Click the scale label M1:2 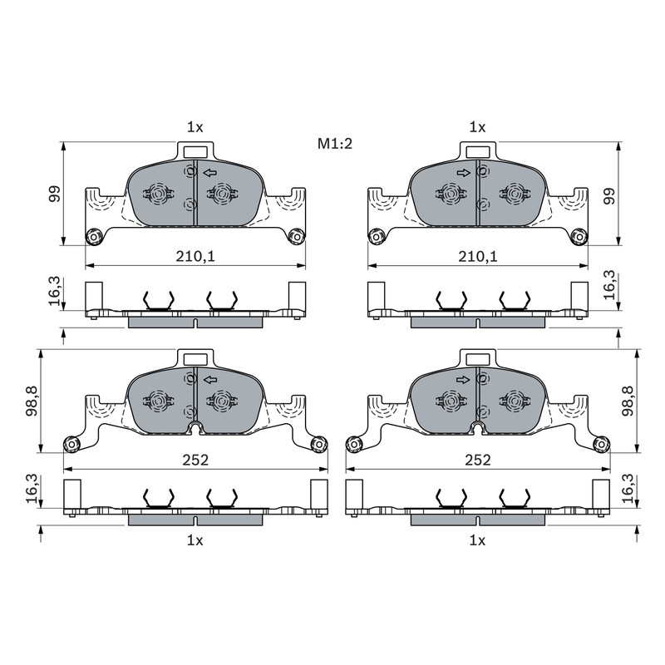[x=335, y=144]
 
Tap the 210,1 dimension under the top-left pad [x=195, y=256]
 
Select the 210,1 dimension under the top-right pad [x=477, y=256]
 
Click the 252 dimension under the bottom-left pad [x=195, y=460]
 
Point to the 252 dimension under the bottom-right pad [x=478, y=460]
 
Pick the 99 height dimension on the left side [x=54, y=194]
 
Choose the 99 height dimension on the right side [x=609, y=196]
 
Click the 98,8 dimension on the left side [x=32, y=401]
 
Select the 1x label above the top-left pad [x=195, y=127]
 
